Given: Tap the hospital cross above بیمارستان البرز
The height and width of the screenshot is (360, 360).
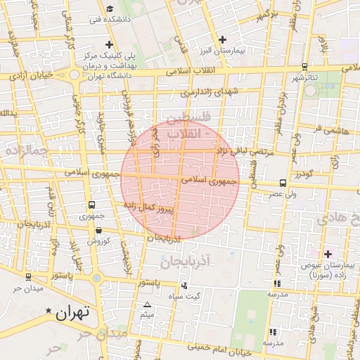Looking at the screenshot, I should click(223, 39).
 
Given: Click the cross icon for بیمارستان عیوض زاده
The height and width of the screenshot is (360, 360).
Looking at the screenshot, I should click(328, 253).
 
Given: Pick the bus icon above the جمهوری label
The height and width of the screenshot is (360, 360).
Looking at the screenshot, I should click(91, 205).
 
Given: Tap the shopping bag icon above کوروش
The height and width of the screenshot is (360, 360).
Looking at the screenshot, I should click(98, 230).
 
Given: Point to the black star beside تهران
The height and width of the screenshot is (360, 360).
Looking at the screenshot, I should click(48, 311).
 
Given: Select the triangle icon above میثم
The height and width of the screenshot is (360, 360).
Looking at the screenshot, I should click(147, 304).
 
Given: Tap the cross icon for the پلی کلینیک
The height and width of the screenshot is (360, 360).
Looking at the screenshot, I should click(109, 44).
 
